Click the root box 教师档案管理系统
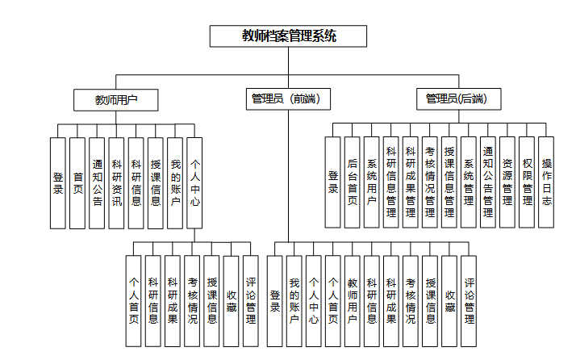[288, 36]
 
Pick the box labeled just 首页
[77, 182]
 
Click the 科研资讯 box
[116, 182]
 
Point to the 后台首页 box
[353, 182]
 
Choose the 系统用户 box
[372, 182]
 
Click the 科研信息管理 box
[391, 182]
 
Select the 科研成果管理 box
[411, 182]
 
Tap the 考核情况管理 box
[430, 182]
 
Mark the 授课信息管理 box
[449, 182]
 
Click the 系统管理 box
[469, 182]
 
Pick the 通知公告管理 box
[488, 182]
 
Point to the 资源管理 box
[507, 182]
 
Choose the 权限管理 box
[527, 182]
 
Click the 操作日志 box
[546, 182]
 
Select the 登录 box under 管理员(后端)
[333, 182]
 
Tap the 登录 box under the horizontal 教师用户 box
[58, 182]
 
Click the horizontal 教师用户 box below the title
[116, 99]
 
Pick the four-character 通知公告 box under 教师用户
[97, 182]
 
